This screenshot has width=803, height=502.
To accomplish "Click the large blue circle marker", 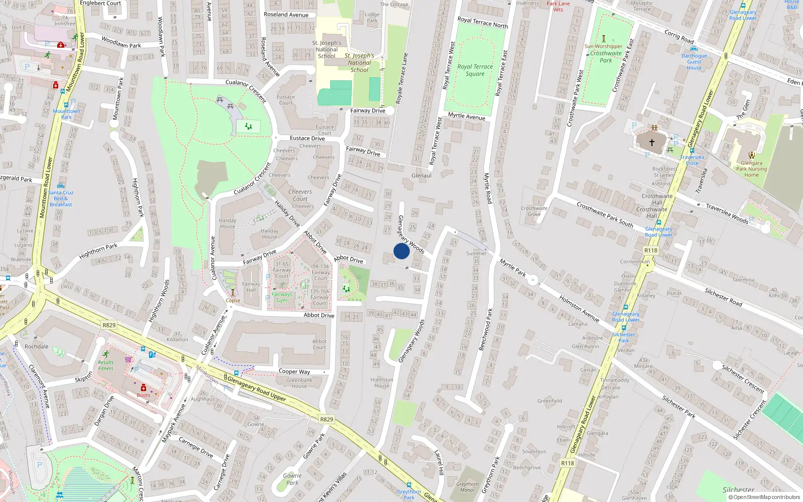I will (x=401, y=251).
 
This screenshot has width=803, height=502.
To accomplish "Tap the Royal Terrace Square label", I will (x=475, y=70).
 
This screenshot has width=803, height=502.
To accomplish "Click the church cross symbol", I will (x=651, y=143).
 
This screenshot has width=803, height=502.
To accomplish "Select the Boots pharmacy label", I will (x=144, y=395).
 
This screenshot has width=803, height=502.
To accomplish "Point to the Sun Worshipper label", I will (x=603, y=46).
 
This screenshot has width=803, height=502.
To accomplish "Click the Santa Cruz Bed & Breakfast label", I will (x=61, y=198).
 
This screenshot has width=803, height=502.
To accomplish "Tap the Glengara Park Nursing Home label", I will (x=751, y=169).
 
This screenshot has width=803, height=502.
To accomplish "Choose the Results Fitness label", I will (x=105, y=365).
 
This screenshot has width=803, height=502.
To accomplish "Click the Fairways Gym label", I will (x=282, y=297).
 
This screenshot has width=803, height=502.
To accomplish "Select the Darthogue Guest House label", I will (x=694, y=62).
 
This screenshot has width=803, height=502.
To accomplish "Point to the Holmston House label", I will (x=381, y=383).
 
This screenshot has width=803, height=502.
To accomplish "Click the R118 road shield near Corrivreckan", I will (x=650, y=250).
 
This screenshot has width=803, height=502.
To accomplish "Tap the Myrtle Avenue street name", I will (x=467, y=116).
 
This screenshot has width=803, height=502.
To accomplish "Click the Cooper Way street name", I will (x=294, y=371).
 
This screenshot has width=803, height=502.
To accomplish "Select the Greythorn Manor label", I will (x=467, y=487).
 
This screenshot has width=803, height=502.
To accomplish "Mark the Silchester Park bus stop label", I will (x=623, y=337).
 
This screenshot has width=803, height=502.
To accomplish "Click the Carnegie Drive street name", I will (x=196, y=447).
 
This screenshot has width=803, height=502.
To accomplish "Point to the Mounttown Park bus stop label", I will (x=66, y=114).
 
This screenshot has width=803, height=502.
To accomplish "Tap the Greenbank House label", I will (x=299, y=383).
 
